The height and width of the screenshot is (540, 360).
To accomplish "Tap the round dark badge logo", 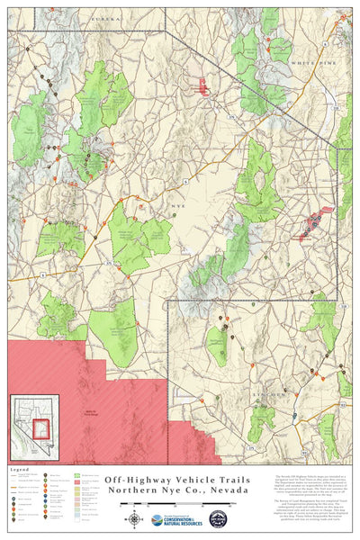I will [218, 519].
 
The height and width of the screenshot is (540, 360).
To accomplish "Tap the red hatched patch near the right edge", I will [317, 219].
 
